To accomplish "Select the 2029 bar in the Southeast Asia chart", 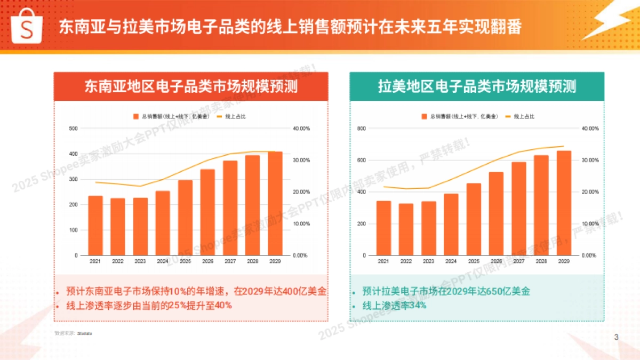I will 275,203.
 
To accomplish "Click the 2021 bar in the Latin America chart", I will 383,228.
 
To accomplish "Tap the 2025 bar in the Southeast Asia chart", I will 186,218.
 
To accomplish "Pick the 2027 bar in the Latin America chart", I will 519,209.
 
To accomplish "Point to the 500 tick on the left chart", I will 74,129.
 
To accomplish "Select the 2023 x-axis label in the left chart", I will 141,261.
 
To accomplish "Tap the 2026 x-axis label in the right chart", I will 496,261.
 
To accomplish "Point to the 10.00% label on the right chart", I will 588,223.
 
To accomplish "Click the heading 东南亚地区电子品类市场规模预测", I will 191,86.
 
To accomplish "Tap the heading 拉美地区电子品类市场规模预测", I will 477,86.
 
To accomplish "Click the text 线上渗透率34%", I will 394,306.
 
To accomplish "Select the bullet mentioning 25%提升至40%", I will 149,306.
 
